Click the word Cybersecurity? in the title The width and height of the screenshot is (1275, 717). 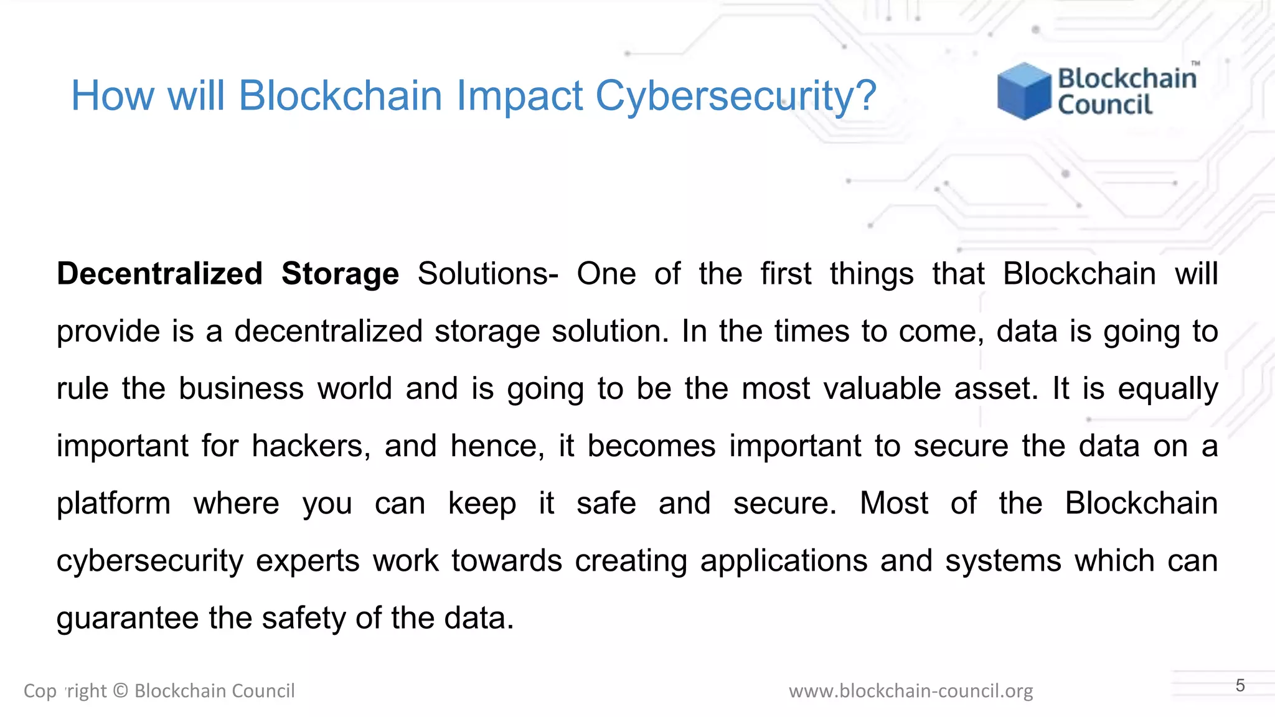click(736, 96)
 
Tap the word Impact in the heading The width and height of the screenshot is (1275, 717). click(519, 96)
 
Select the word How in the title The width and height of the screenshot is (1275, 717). click(112, 96)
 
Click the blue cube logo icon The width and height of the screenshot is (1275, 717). click(1023, 91)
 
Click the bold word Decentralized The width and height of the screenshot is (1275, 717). click(159, 274)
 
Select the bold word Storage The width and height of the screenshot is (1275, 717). click(340, 274)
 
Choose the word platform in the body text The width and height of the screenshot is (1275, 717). click(113, 504)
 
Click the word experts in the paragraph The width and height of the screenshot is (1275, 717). click(308, 561)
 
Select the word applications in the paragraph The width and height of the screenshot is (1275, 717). click(784, 561)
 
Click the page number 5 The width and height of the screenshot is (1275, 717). click(1240, 686)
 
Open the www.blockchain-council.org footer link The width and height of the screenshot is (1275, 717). click(911, 691)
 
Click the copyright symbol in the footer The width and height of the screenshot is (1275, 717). click(121, 691)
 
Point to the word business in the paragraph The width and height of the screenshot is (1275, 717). click(241, 389)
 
